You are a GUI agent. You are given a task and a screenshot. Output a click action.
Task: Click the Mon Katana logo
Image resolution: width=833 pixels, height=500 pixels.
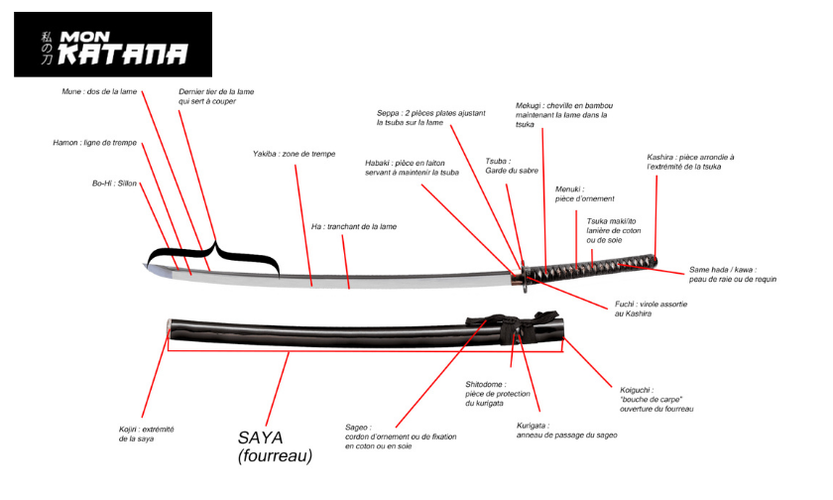(113, 45)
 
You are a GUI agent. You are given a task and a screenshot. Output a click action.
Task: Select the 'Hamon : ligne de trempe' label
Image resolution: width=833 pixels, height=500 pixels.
(94, 143)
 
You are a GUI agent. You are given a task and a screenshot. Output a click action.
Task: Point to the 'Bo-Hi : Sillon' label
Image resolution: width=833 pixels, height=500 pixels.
(114, 184)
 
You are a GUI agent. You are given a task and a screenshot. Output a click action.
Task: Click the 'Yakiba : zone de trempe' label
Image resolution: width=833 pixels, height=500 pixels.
(294, 155)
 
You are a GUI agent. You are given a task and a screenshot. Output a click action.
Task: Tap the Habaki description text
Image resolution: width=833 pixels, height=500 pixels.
(412, 167)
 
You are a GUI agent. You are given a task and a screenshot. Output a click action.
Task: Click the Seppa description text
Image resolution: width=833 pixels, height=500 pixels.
(430, 118)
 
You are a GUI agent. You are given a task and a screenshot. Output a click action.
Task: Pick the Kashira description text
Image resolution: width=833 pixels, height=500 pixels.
(690, 162)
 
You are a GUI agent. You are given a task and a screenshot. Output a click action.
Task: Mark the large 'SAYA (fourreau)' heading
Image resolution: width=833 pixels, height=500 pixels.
(275, 445)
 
